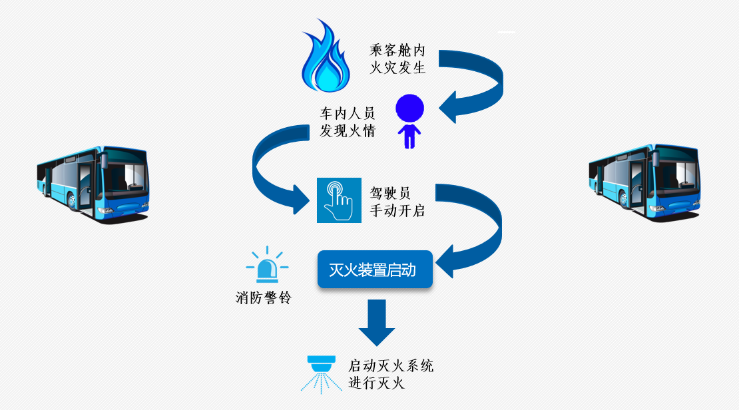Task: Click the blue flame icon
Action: pos(326,59)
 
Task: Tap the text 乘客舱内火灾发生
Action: pos(397,59)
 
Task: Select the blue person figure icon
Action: pos(409,121)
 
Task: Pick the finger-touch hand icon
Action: pos(338,200)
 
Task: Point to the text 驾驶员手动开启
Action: pos(397,201)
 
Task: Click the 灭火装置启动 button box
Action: pos(375,270)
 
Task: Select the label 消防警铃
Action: pos(264,298)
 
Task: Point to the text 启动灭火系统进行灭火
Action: pos(391,374)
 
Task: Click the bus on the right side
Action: pos(644,180)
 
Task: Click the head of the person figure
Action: pos(409,108)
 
